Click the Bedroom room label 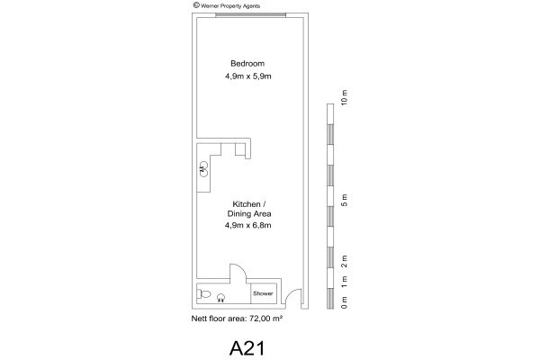coord(247,63)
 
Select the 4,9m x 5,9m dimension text coord(248,76)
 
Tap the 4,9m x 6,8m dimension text coord(248,225)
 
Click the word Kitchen coord(247,204)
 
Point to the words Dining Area coord(249,213)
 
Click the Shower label coord(263,293)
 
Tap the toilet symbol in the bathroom coord(203,294)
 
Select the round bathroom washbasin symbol coord(221,298)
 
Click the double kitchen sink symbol coord(203,169)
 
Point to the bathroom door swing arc coord(241,268)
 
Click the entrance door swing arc coord(291,292)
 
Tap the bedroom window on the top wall coord(250,14)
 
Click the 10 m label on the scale coord(344,97)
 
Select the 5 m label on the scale coord(344,200)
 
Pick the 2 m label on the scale coord(344,261)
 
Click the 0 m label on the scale coord(344,302)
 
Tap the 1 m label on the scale coord(344,282)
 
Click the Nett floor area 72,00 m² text coord(237,319)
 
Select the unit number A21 coord(247,348)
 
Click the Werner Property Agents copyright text coord(227,5)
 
